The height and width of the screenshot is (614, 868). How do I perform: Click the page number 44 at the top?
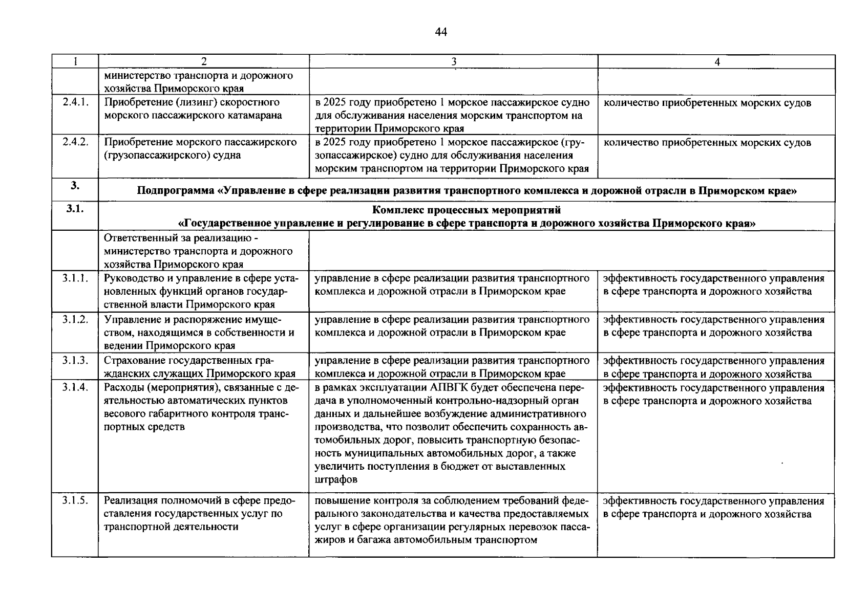pos(441,32)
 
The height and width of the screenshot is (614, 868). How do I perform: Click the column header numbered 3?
pos(453,62)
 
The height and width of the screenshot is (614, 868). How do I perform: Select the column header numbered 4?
pos(716,62)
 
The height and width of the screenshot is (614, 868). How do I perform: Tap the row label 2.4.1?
pos(75,102)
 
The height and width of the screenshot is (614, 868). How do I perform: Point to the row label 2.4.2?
pos(75,142)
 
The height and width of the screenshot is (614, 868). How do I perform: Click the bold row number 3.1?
pos(75,209)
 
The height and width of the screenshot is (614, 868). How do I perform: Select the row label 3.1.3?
pos(75,360)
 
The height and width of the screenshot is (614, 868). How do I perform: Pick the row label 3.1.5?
pos(75,500)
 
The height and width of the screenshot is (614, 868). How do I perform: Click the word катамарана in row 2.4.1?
pos(254,115)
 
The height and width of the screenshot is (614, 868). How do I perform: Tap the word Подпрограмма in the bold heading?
pos(176,191)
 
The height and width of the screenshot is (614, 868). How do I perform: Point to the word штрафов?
pos(336,480)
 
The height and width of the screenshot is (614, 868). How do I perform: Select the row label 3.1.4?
pos(75,387)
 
